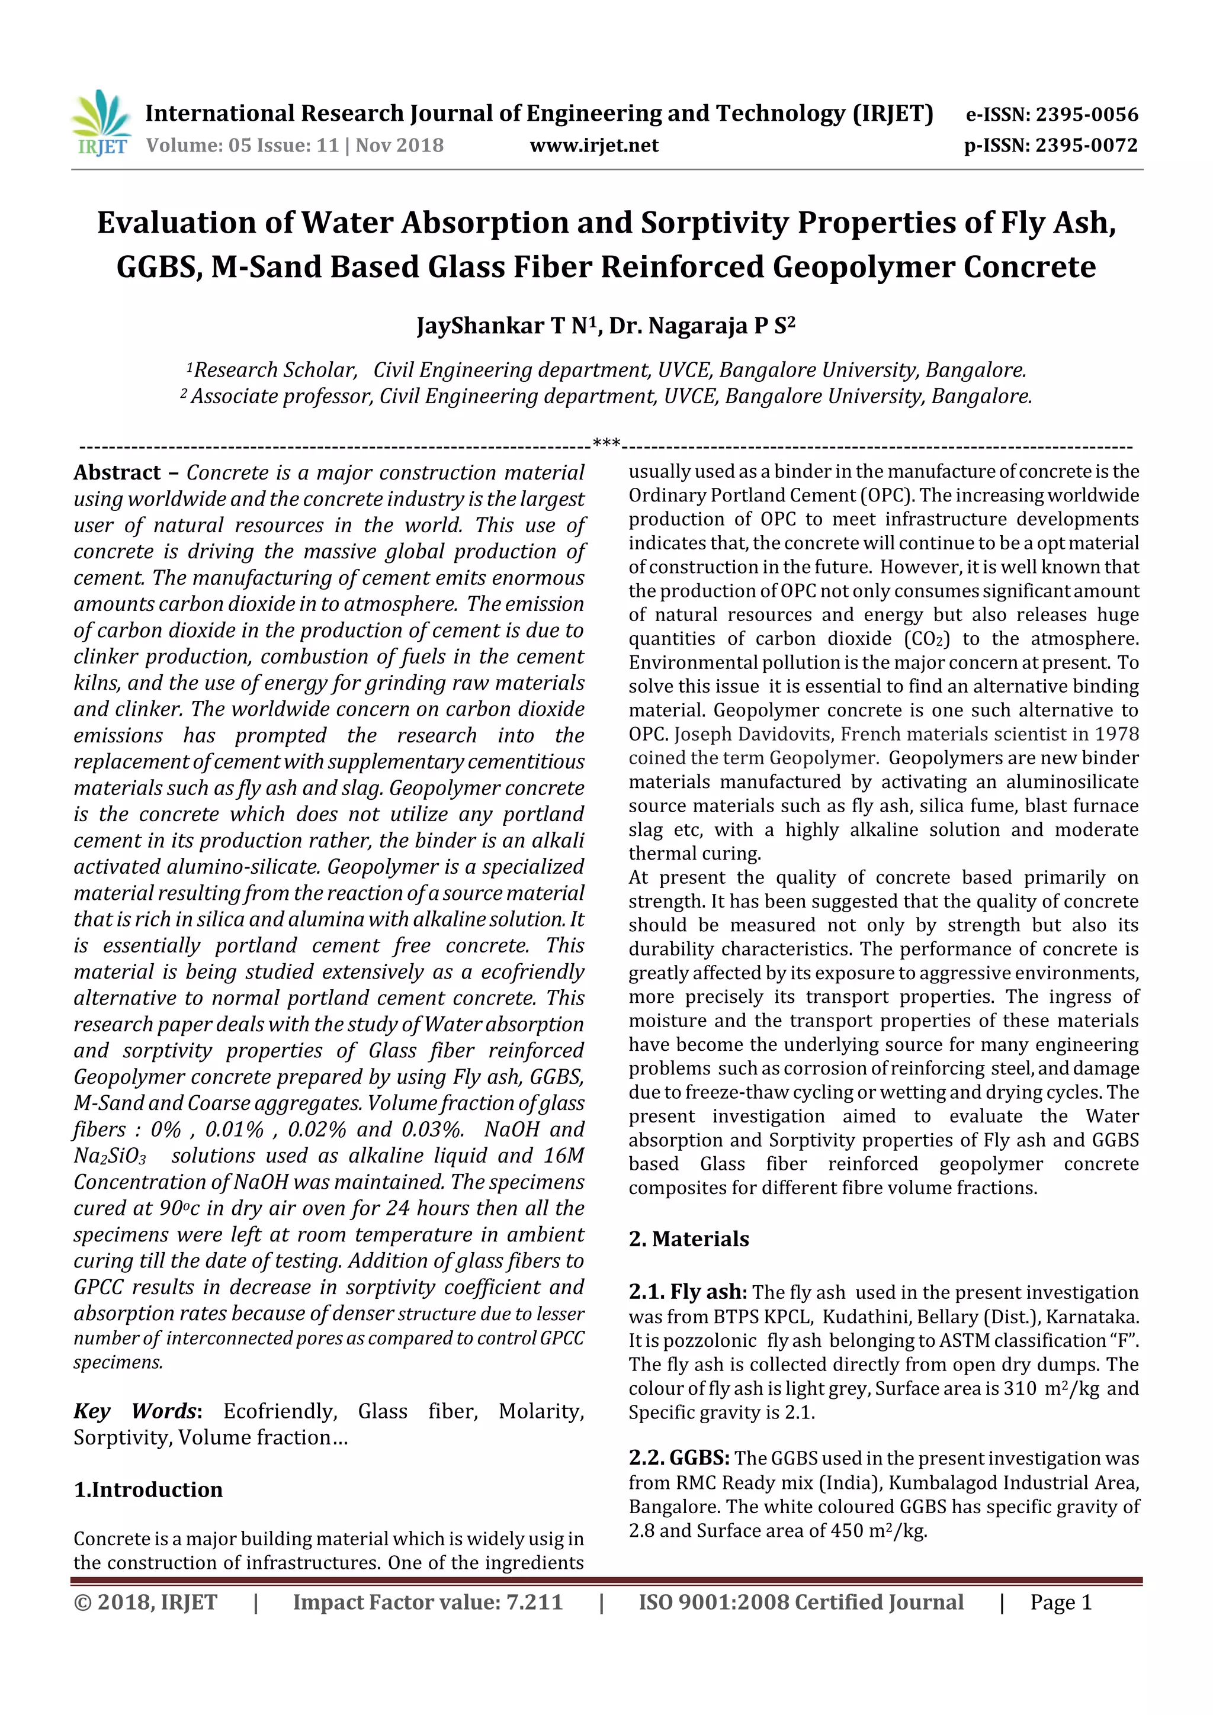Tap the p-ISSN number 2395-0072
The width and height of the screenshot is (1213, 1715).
coord(1086,145)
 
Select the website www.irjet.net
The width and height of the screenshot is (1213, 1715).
coord(594,145)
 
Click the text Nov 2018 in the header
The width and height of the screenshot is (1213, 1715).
coord(399,145)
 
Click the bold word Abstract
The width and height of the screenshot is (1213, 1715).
coord(117,473)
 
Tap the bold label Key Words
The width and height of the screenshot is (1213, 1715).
coord(135,1411)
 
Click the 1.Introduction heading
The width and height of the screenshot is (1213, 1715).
coord(148,1489)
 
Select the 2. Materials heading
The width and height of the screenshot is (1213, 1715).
coord(688,1238)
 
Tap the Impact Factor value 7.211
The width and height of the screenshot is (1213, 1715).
coord(534,1602)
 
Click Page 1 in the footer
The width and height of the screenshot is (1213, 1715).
coord(1061,1602)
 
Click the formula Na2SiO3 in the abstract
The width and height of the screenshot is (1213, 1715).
coord(110,1156)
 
